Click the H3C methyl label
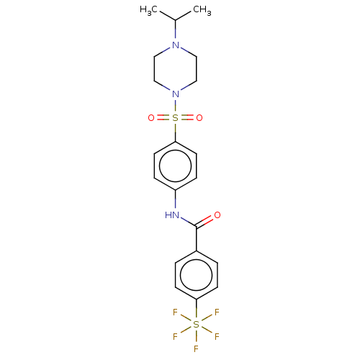point(148,10)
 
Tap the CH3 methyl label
point(202,10)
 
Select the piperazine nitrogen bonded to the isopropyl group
point(176,45)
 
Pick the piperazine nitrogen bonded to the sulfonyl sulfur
point(176,94)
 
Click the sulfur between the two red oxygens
point(176,118)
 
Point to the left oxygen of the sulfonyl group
point(151,118)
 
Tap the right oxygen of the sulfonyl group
point(199,118)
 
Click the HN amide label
point(172,215)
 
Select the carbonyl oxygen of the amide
point(217,215)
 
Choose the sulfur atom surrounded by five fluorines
point(197,324)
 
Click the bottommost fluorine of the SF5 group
point(196,348)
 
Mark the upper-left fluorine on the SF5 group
point(175,312)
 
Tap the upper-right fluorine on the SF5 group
point(217,312)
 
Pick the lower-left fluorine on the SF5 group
point(175,337)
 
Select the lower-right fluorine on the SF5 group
point(217,337)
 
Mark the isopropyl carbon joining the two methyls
point(176,20)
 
